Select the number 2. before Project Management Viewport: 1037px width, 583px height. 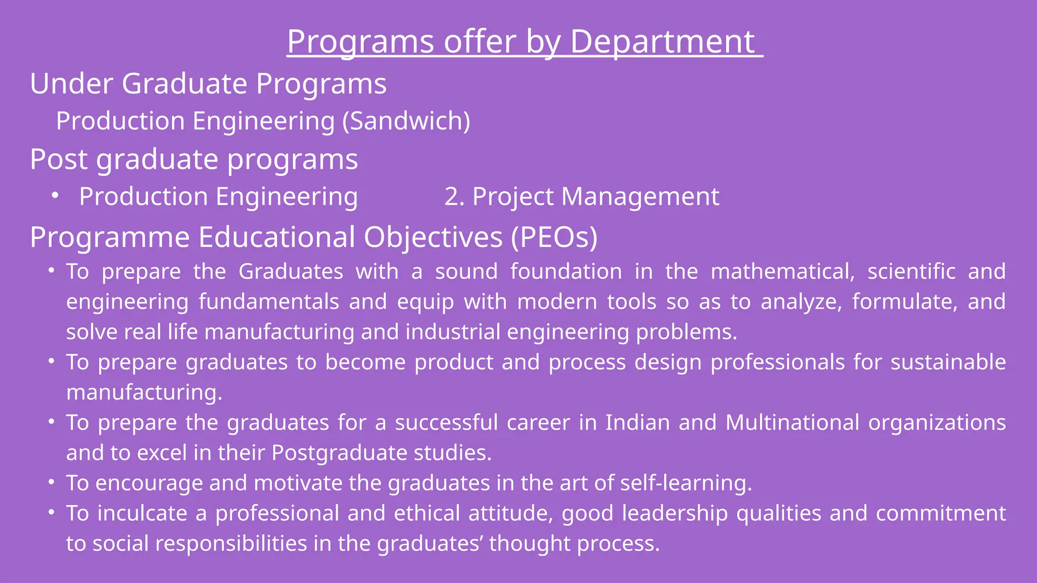454,196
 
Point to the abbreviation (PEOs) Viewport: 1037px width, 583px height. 554,237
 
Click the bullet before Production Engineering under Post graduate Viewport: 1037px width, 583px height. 55,195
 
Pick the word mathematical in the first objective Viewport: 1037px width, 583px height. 783,272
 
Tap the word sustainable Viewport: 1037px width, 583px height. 948,362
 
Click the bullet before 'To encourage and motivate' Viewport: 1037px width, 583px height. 51,482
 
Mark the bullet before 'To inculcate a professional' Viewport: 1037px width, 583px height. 51,512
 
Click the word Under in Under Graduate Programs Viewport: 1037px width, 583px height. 71,84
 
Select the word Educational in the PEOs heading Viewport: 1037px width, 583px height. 277,237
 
